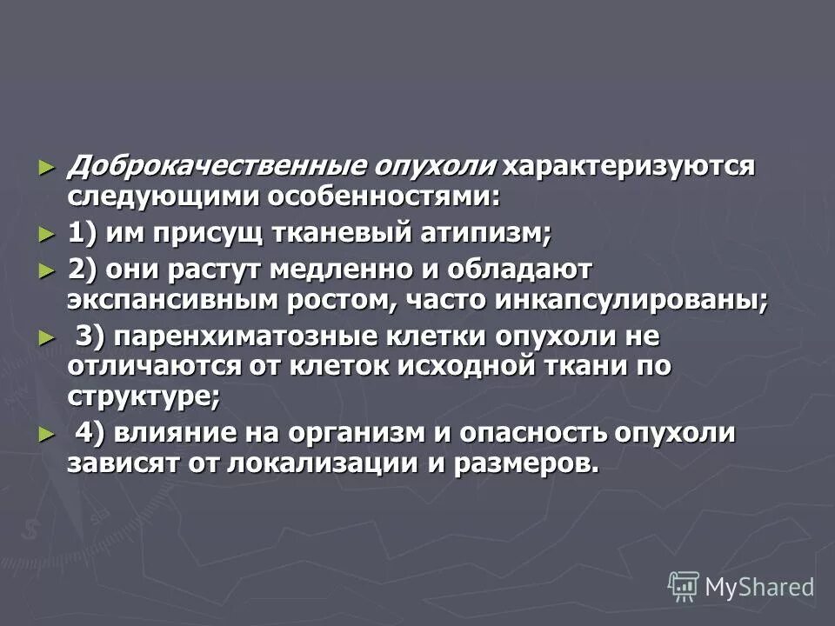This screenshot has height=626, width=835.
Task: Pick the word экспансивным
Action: click(x=164, y=301)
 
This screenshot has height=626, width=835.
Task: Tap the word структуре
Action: click(x=144, y=397)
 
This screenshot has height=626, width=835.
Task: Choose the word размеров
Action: click(x=525, y=463)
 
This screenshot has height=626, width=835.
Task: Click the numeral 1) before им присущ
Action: click(x=82, y=235)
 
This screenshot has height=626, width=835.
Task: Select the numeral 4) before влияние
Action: click(x=90, y=432)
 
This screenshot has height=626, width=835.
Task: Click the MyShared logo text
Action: click(x=758, y=587)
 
